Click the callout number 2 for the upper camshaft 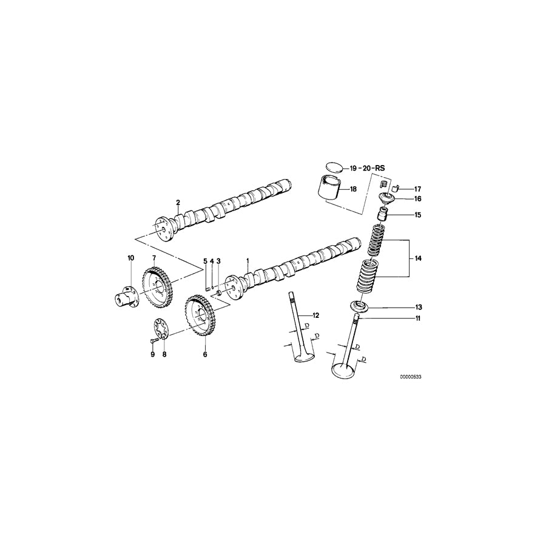[x=178, y=202]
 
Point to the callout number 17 [x=417, y=189]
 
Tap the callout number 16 [x=417, y=198]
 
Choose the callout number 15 [x=417, y=215]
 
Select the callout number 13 [x=418, y=308]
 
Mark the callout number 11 [x=417, y=318]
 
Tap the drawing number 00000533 [x=410, y=377]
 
